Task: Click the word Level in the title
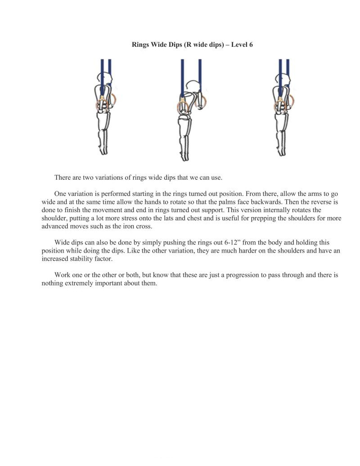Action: pyautogui.click(x=239, y=45)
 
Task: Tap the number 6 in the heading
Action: pyautogui.click(x=251, y=45)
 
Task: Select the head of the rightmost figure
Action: pyautogui.click(x=282, y=81)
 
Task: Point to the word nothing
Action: pyautogui.click(x=52, y=283)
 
